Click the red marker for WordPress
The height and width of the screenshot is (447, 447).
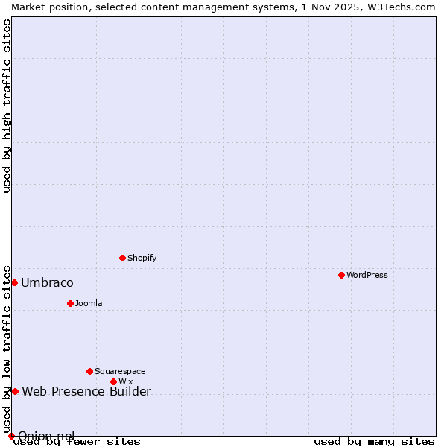[x=341, y=276]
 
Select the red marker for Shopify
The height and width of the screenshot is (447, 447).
[x=122, y=259]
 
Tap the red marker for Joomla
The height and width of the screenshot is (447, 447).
[x=70, y=304]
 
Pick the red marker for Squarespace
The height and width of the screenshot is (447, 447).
[x=89, y=371]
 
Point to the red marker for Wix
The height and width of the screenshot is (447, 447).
[x=113, y=382]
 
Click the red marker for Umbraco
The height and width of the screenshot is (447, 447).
[x=14, y=283]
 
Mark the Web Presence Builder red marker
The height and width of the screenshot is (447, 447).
[x=15, y=391]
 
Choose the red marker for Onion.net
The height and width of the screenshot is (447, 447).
[x=11, y=436]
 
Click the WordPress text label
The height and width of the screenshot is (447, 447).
[x=367, y=276]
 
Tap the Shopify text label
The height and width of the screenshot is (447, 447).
[x=142, y=259]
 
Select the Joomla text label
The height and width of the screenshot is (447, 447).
[x=89, y=304]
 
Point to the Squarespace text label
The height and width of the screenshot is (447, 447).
[x=120, y=371]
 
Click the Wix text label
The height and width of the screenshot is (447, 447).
[x=125, y=382]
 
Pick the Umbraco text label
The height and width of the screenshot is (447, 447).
[x=47, y=283]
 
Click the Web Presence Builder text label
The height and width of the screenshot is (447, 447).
[x=86, y=392]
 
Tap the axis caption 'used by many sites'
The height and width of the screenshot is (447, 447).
[x=374, y=442]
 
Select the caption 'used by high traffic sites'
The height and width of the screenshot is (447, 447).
[x=7, y=106]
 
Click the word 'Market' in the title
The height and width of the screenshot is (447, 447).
[x=28, y=7]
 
